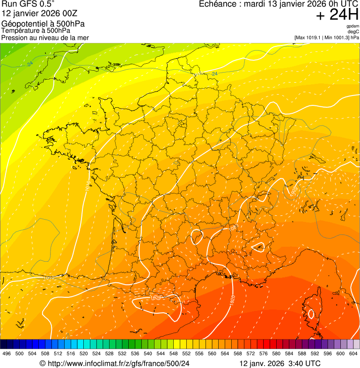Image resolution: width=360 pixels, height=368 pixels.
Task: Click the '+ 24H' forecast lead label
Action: pos(337,15)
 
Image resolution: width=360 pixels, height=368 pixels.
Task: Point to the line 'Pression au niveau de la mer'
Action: pos(45,37)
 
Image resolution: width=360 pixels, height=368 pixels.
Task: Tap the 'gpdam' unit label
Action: pos(353,26)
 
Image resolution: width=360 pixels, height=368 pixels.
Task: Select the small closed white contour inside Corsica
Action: pos(310,314)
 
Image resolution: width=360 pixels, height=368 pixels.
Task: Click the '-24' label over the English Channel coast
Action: pos(214,74)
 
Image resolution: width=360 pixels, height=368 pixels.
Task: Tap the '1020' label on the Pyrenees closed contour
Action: pos(156,298)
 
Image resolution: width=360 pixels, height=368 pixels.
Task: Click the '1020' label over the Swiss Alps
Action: pos(292,191)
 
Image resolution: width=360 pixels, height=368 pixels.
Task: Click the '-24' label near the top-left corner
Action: pos(29,64)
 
